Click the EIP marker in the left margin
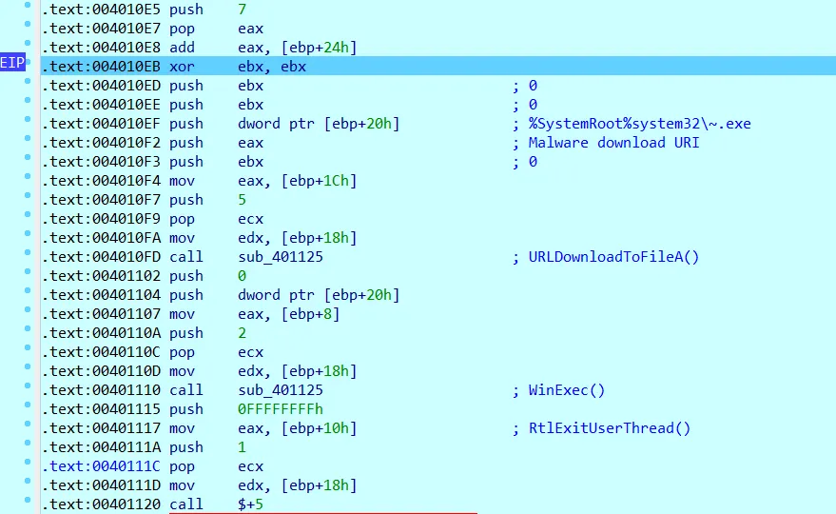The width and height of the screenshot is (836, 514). coord(12,63)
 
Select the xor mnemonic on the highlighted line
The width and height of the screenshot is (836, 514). coord(183,67)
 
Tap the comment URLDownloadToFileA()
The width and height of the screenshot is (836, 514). coord(614,257)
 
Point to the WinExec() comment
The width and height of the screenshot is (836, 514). coord(567,390)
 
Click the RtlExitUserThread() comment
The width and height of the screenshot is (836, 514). coord(610,428)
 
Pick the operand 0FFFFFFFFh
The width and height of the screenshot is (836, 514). coord(282,409)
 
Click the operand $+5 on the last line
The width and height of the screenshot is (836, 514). coord(250,504)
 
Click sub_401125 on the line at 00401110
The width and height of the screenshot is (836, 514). coord(281,390)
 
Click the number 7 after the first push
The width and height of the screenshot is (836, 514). coord(243,10)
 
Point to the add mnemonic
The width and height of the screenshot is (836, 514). coord(183,48)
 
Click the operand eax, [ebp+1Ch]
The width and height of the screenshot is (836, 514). coord(290,181)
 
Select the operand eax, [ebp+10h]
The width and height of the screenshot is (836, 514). coord(290,428)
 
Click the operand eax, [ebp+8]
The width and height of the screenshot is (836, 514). coord(285,314)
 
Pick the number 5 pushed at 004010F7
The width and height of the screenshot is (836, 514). coord(243,200)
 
